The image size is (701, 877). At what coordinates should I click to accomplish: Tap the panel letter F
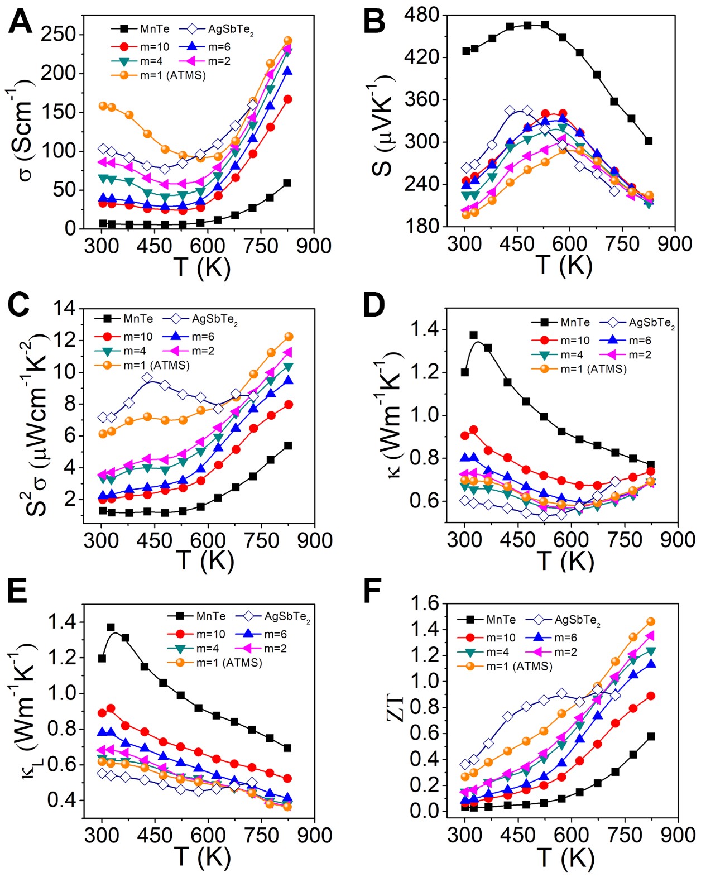(x=373, y=592)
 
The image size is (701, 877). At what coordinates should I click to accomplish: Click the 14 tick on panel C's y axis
(x=66, y=308)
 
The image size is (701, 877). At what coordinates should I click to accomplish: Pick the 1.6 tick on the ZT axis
(x=425, y=603)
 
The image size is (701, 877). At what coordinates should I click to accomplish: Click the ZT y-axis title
(x=395, y=707)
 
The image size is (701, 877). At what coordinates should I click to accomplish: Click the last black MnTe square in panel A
(x=287, y=183)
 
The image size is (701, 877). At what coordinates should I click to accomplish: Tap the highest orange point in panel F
(x=650, y=622)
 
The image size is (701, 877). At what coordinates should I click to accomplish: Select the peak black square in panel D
(x=473, y=336)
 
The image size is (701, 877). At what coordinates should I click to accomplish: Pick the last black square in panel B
(x=649, y=141)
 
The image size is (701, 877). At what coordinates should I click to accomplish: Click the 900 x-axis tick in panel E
(x=314, y=836)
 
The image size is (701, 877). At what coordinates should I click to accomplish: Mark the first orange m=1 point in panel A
(x=103, y=106)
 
